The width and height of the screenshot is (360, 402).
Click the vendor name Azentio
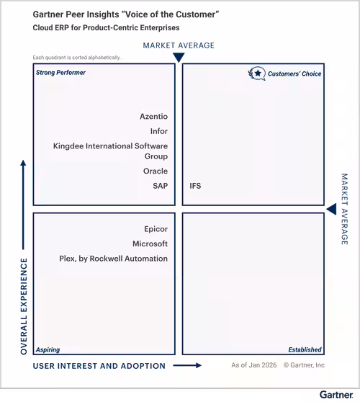pos(154,117)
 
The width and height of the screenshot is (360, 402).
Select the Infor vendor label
pos(159,131)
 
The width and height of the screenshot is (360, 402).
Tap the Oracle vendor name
pos(156,171)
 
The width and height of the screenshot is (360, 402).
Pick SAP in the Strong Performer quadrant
pos(160,186)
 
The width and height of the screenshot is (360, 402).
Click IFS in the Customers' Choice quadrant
pos(195,186)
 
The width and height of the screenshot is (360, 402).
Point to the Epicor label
pos(156,229)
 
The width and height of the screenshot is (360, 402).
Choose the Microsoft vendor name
pos(150,244)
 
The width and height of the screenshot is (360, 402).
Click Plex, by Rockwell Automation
pos(113,259)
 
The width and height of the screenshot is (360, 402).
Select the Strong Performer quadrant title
pos(60,73)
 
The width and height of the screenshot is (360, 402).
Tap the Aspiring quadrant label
pos(48,349)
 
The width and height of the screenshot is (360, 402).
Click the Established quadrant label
pos(305,349)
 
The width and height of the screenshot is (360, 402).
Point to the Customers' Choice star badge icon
pos(257,73)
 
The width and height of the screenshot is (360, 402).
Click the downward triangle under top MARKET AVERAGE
pos(179,57)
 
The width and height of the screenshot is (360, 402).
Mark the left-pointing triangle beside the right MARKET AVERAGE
pos(331,209)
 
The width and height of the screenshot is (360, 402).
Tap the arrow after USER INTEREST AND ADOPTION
pos(187,365)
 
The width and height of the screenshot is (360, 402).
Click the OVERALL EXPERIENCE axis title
pos(24,306)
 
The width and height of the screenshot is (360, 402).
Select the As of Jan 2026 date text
pos(254,365)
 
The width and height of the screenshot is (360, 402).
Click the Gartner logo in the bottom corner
pos(336,395)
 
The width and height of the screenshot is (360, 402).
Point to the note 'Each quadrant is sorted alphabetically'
pos(76,58)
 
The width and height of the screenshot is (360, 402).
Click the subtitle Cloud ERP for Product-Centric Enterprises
pos(106,27)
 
